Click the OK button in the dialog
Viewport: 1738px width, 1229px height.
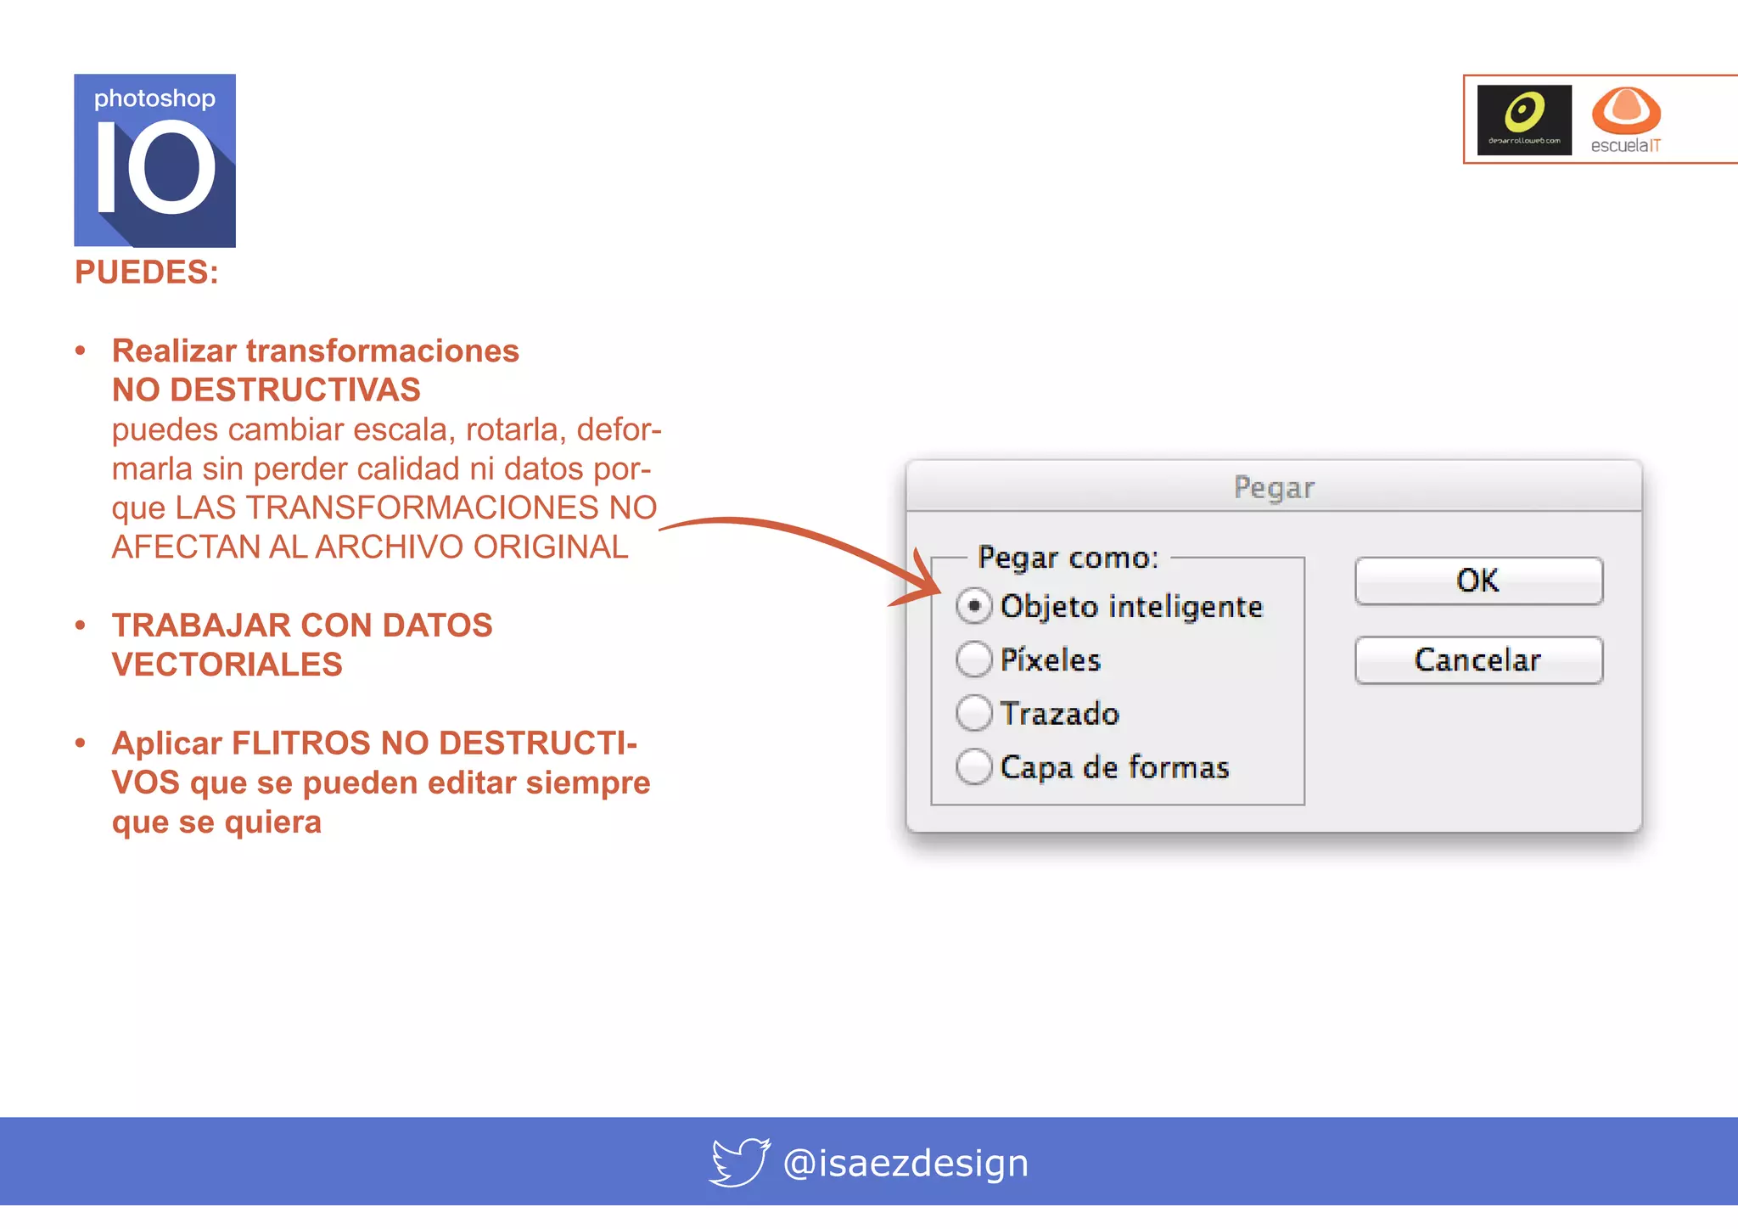(x=1478, y=581)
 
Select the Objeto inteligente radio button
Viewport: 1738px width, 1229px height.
(x=974, y=606)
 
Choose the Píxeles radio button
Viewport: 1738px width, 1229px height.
(x=974, y=659)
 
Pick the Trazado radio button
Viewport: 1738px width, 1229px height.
(x=974, y=713)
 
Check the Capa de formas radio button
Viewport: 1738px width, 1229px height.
(x=974, y=766)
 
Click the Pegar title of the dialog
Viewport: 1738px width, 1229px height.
(x=1274, y=487)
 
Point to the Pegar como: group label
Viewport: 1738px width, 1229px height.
(x=1068, y=558)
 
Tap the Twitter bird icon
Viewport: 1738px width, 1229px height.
(x=739, y=1162)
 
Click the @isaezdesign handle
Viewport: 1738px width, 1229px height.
(x=905, y=1163)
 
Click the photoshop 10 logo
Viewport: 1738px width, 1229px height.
(x=154, y=160)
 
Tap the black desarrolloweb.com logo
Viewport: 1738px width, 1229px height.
(x=1524, y=120)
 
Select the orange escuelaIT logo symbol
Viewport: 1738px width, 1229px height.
(x=1626, y=110)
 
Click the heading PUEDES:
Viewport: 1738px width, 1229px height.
(x=147, y=272)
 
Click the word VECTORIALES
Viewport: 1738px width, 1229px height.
(x=227, y=665)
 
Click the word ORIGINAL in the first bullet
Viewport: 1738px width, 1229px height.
(x=551, y=547)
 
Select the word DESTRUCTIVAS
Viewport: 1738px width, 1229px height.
(x=295, y=390)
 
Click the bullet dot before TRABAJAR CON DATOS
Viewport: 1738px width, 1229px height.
(x=81, y=626)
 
